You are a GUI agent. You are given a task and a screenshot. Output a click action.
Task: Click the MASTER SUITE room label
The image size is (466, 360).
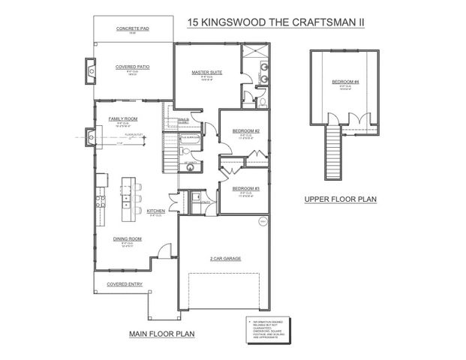click(204, 73)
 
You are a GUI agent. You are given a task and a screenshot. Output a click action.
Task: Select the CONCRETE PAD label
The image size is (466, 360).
click(131, 28)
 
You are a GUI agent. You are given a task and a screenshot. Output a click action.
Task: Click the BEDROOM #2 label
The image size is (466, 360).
click(245, 131)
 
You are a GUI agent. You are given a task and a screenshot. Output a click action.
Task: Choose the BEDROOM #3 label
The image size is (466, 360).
click(245, 187)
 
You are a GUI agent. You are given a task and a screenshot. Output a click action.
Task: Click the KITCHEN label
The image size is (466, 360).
click(156, 211)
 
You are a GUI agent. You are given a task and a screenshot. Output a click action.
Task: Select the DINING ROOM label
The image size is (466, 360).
click(128, 238)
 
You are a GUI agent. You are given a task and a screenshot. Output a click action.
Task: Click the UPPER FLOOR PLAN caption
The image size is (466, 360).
click(340, 199)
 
